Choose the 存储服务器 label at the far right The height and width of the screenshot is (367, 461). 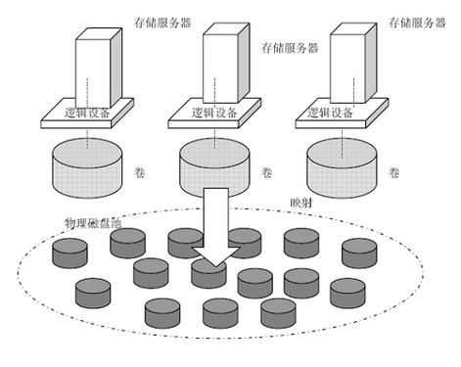[411, 20]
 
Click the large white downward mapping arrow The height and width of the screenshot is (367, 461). [214, 230]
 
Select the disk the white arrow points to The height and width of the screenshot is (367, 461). [209, 275]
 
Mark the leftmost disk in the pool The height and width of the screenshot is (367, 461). [69, 253]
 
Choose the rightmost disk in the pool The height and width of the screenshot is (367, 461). [360, 252]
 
